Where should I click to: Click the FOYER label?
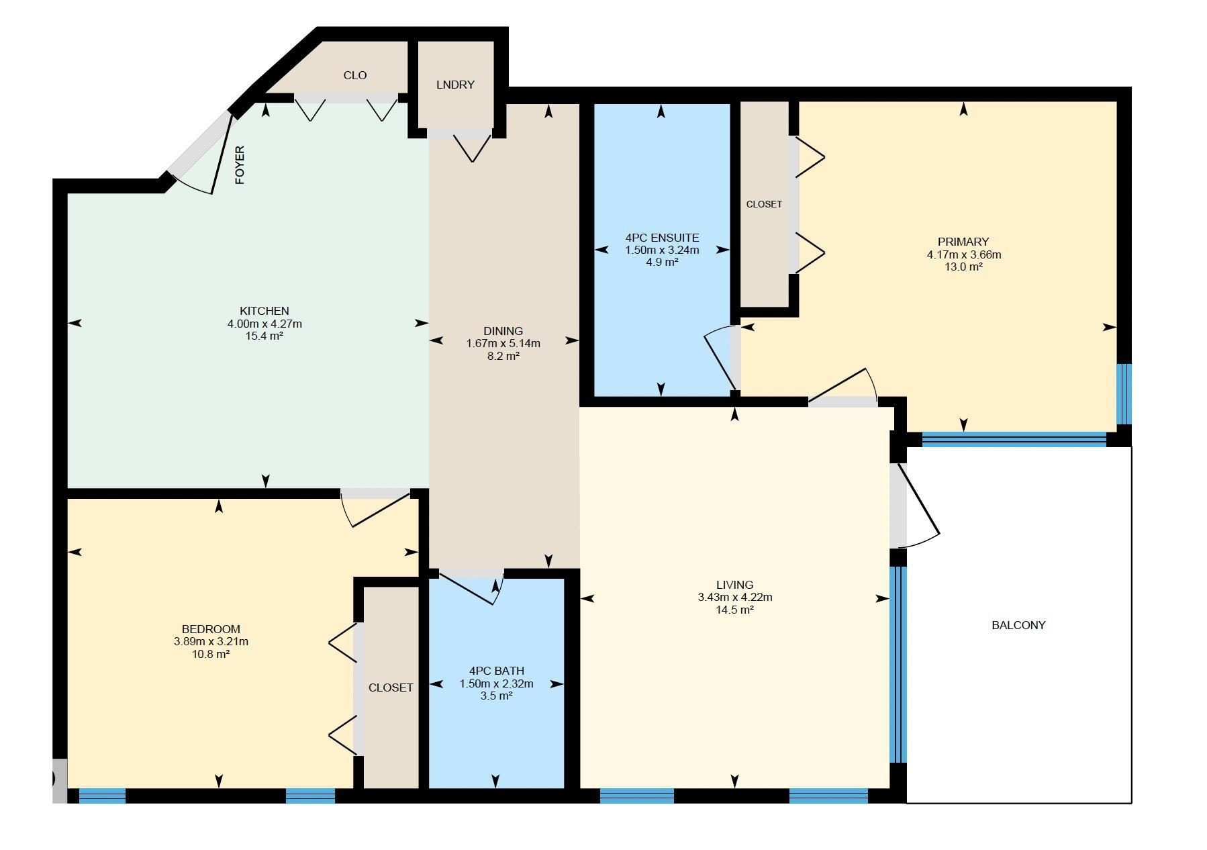[240, 165]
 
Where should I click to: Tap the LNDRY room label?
[455, 85]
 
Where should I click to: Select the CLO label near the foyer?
[355, 75]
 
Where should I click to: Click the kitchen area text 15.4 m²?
[264, 336]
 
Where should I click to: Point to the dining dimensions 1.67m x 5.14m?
[503, 344]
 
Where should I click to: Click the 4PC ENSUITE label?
[662, 238]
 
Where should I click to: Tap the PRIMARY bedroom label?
[963, 242]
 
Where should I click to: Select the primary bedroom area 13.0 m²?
[963, 267]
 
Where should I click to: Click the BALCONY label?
[1018, 625]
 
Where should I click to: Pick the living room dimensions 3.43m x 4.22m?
[734, 598]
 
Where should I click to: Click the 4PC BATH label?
[496, 671]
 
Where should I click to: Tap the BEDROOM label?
[211, 629]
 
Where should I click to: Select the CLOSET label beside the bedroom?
[391, 688]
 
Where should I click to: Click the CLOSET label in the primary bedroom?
[764, 204]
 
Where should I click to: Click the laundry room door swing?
[472, 147]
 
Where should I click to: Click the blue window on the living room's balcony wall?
[898, 665]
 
